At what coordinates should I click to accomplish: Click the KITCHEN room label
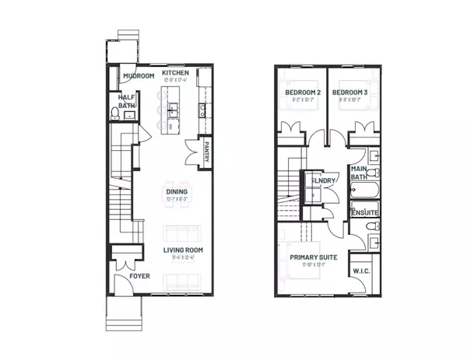(x=177, y=72)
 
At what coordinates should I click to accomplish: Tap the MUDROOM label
(x=138, y=76)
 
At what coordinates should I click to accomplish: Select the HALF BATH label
(x=125, y=102)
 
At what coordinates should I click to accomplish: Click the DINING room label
(x=177, y=191)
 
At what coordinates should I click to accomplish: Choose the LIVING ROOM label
(x=183, y=250)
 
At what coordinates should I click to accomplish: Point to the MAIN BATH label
(x=360, y=173)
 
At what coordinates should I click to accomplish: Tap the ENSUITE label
(x=364, y=211)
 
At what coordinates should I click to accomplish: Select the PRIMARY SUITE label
(x=314, y=257)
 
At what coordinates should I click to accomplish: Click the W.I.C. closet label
(x=362, y=271)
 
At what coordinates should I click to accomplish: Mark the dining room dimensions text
(x=177, y=199)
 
